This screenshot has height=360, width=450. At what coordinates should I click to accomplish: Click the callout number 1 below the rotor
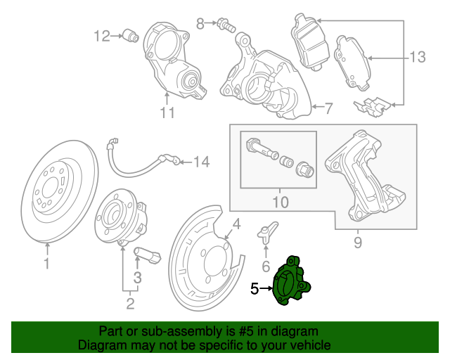47,264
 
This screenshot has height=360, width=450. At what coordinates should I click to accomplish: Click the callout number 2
130,304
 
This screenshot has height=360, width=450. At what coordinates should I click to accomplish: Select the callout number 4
237,225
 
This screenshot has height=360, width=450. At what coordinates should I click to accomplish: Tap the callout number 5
255,288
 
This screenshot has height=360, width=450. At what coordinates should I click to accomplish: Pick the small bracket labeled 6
265,233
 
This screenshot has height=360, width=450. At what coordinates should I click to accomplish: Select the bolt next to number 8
226,25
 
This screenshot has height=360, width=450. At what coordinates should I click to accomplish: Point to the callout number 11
166,112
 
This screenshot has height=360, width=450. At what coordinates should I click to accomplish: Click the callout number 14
201,163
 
